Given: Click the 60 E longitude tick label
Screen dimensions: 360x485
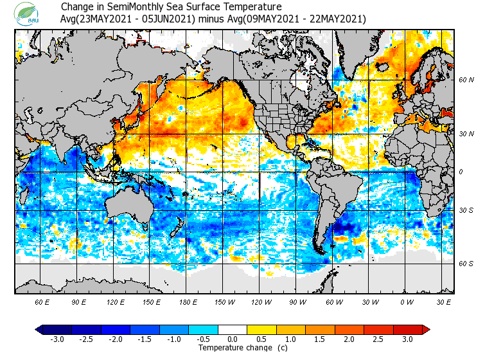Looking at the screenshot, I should click(42, 302).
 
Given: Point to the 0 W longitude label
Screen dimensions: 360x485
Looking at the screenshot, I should click(406, 302).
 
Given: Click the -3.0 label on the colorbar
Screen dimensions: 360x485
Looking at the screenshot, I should click(57, 339).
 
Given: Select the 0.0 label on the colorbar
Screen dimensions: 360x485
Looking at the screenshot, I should click(232, 339).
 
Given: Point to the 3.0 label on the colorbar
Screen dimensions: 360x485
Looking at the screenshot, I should click(407, 339).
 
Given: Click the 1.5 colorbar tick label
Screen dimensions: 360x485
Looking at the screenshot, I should click(320, 339).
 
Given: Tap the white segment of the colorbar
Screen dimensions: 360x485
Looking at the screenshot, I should click(232, 330).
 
